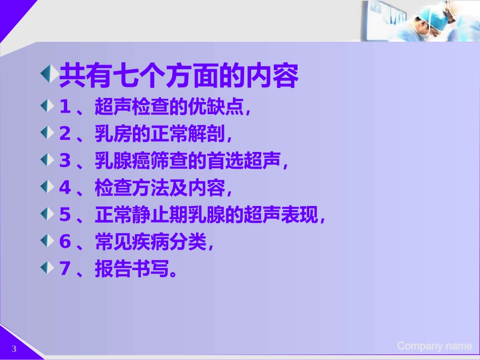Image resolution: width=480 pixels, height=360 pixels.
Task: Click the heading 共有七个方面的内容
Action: pyautogui.click(x=179, y=77)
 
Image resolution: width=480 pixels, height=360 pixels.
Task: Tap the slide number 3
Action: pyautogui.click(x=14, y=349)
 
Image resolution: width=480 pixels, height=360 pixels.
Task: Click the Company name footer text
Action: pyautogui.click(x=435, y=346)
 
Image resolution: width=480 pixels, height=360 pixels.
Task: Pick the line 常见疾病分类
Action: pyautogui.click(x=152, y=242)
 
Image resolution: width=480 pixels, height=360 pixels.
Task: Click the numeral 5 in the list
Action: pyautogui.click(x=65, y=215)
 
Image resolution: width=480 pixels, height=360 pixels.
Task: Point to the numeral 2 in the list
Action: pyautogui.click(x=65, y=134)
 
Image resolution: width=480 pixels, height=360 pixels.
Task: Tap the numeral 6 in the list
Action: pyautogui.click(x=65, y=242)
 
